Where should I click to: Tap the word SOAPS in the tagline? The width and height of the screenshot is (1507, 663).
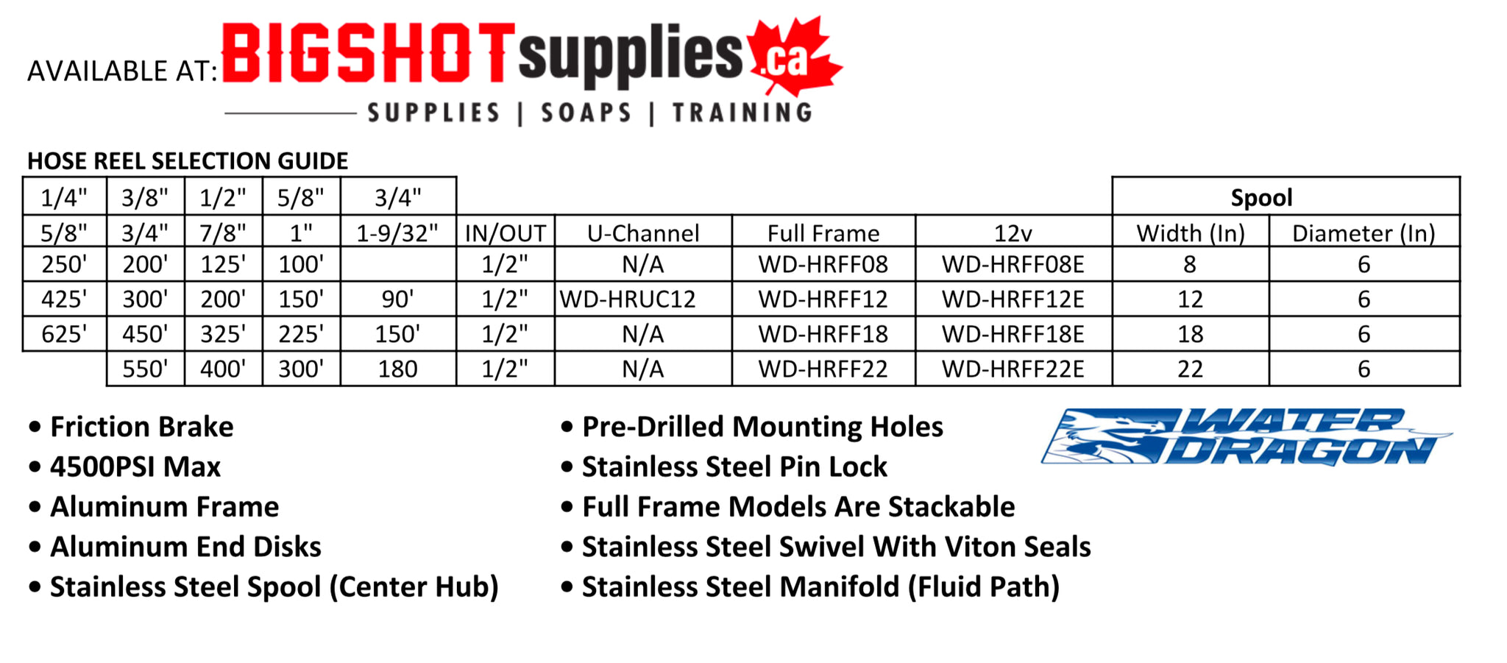pos(586,113)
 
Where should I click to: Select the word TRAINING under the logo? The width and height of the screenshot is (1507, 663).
pos(742,113)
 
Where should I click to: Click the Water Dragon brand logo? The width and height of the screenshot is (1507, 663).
pos(1247,437)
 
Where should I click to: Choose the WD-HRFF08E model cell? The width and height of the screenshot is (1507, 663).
pos(1013,264)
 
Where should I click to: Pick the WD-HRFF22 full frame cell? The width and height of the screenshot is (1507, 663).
pos(823,369)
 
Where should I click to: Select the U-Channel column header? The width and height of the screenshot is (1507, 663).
pos(643,233)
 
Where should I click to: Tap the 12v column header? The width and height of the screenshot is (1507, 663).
pos(1013,233)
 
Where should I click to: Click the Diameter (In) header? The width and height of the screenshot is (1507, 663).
pos(1364,233)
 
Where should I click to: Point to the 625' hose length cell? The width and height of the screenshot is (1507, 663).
pos(64,334)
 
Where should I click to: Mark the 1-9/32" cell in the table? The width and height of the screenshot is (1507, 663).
pos(397,233)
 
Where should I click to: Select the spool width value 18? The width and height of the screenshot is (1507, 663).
pos(1191,334)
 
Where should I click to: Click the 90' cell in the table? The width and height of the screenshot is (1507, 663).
pos(397,299)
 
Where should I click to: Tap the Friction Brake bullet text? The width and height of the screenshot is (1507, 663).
pos(141,427)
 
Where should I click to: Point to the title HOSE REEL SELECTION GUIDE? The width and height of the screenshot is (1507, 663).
pos(188,160)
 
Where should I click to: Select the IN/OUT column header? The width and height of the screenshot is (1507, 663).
pos(506,233)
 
